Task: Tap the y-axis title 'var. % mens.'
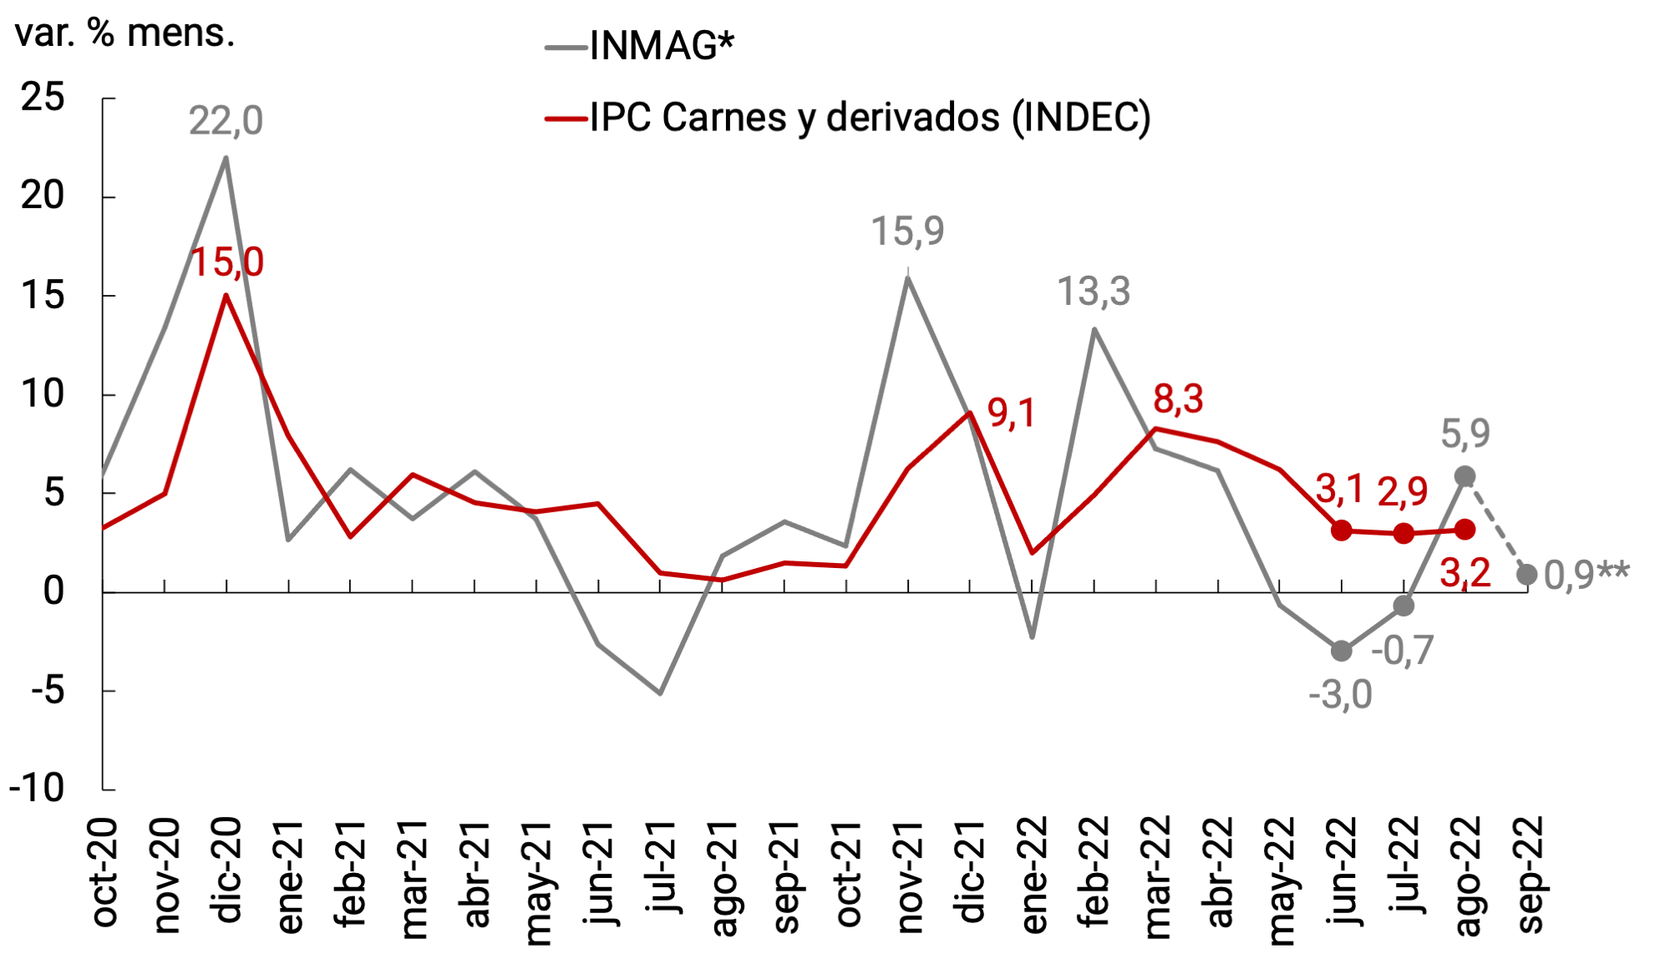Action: tap(124, 33)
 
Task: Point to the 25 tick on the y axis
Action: tap(43, 98)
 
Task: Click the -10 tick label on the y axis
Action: tap(38, 788)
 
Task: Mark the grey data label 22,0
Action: tap(226, 121)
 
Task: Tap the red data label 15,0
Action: tap(227, 262)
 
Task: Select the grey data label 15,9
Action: tap(907, 231)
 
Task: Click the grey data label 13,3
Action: tap(1094, 292)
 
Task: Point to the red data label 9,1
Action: tap(1011, 414)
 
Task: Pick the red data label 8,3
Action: tap(1178, 399)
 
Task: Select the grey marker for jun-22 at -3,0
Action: tap(1342, 650)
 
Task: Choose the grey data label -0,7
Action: tap(1402, 650)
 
